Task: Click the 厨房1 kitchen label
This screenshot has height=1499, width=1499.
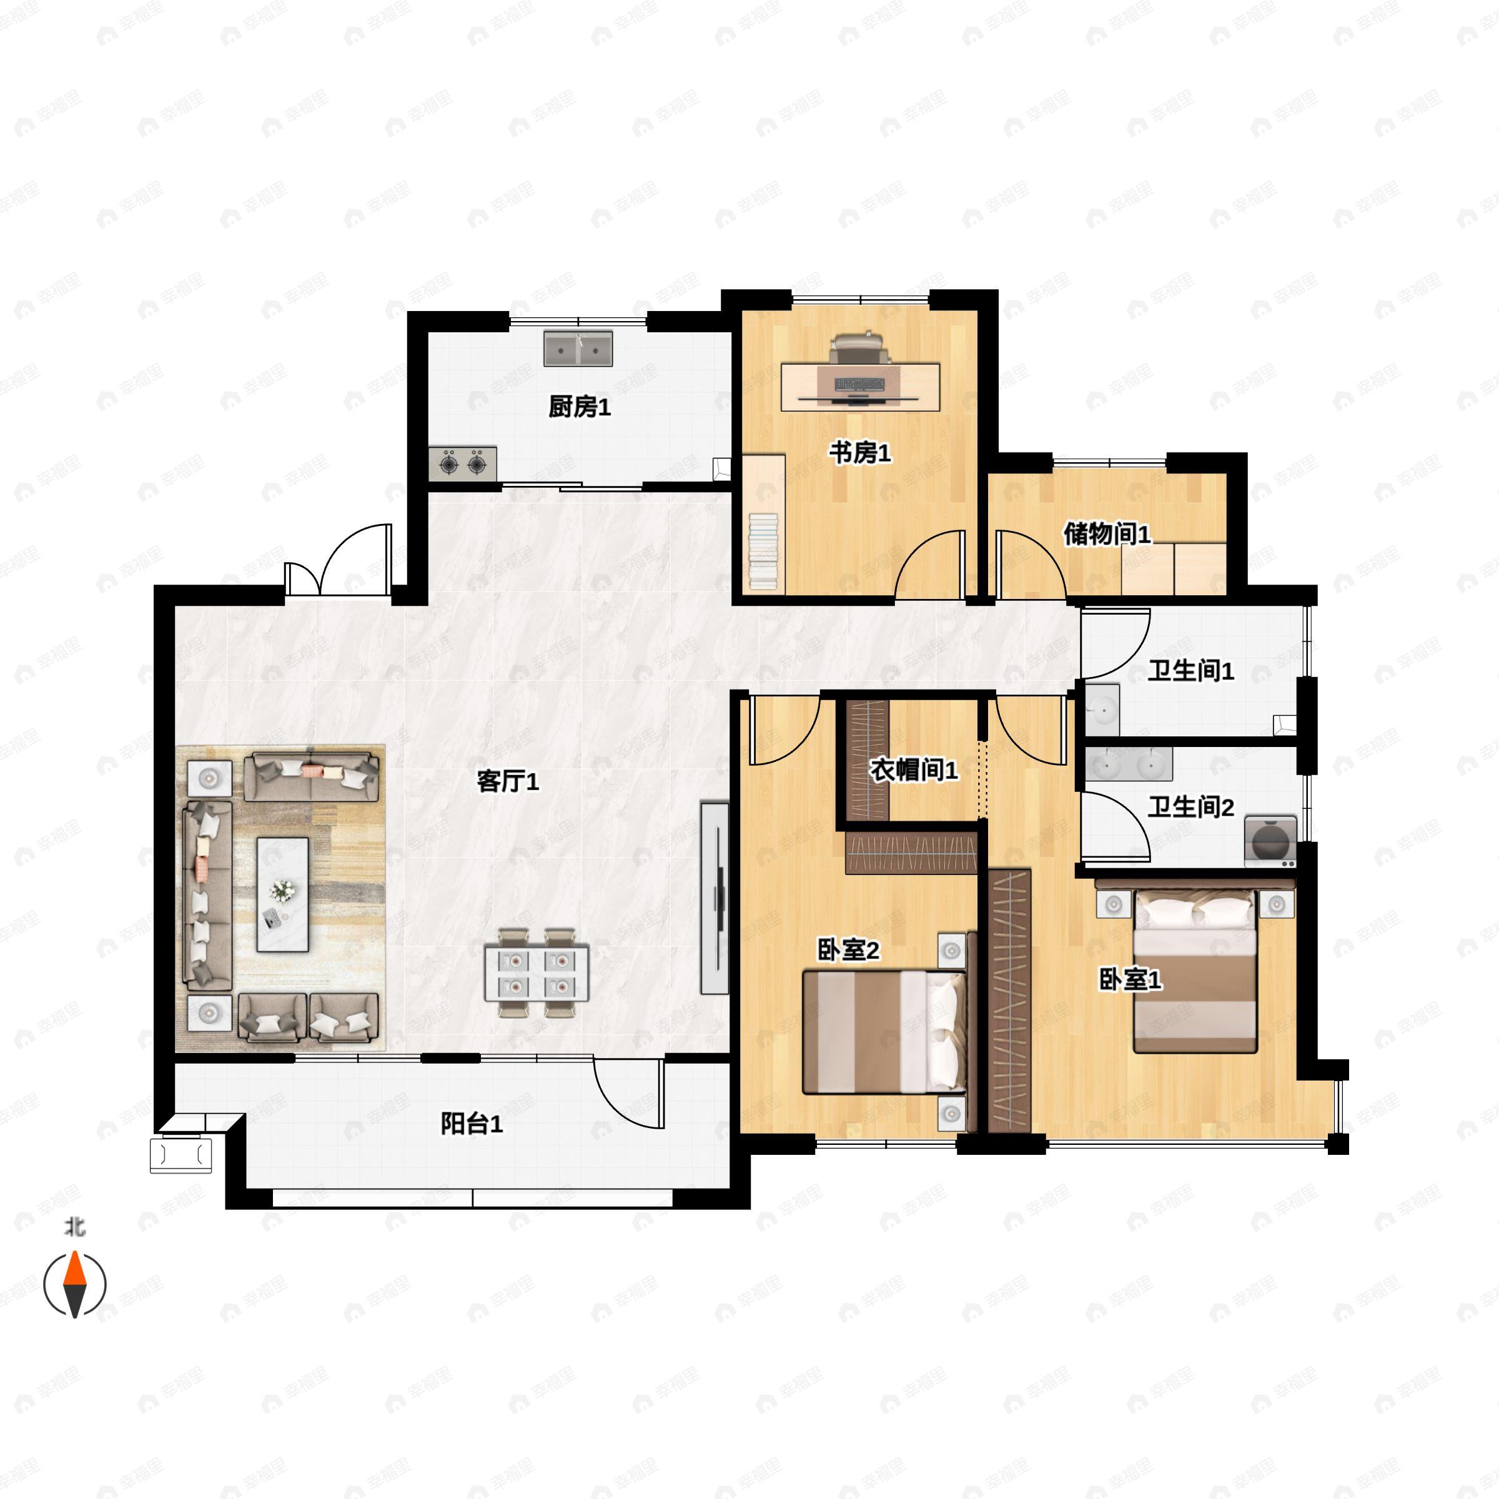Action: [580, 407]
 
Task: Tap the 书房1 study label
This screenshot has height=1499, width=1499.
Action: [859, 452]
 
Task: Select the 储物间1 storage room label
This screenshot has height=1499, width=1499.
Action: [1107, 534]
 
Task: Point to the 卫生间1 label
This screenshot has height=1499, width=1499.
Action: [1191, 670]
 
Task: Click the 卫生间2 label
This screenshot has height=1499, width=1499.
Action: [1191, 807]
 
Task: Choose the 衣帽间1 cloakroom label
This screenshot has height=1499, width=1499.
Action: [914, 769]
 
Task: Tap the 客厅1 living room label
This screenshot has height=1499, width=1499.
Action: [507, 781]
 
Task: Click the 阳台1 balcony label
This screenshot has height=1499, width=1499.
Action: [472, 1124]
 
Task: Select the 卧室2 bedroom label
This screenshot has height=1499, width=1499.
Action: [849, 949]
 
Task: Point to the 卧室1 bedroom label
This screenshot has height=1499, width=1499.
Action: [1130, 979]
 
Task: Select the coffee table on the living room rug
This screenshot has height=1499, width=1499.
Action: [283, 894]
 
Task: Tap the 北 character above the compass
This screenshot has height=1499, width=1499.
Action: [74, 1227]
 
